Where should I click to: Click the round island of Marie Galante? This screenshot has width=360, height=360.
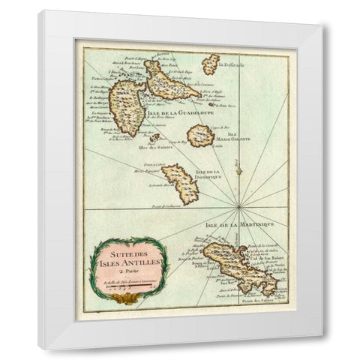tap(200, 136)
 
